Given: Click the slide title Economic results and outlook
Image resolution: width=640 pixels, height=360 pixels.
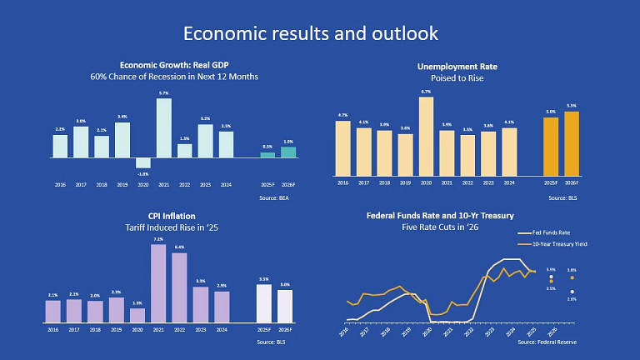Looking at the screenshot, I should (x=310, y=33).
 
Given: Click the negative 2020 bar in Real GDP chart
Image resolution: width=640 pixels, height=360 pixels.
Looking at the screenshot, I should (x=143, y=163).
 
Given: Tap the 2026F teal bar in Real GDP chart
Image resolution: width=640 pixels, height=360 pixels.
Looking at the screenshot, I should (x=287, y=152).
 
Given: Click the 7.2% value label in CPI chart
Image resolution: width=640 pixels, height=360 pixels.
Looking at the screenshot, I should (x=158, y=239).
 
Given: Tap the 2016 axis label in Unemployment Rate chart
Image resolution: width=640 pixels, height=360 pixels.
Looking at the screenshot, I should (x=343, y=182).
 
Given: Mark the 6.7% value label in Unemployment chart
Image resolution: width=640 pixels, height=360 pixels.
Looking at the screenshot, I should (x=426, y=92).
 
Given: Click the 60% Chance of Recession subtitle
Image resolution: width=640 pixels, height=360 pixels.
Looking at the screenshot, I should (x=174, y=77).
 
